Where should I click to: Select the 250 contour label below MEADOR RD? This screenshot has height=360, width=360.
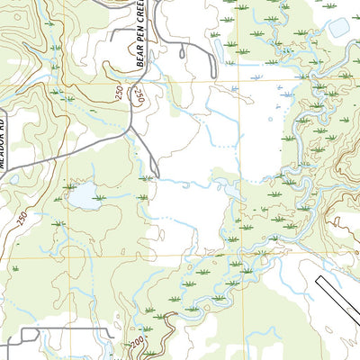click(x=21, y=215)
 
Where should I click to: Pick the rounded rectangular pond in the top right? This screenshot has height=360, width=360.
click(x=340, y=28)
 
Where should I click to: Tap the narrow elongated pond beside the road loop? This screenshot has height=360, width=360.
click(x=182, y=52)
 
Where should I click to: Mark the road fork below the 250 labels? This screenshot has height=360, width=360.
click(x=131, y=126)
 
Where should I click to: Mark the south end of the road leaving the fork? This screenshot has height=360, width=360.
click(x=158, y=176)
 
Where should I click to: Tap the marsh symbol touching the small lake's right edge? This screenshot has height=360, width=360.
click(x=99, y=197)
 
